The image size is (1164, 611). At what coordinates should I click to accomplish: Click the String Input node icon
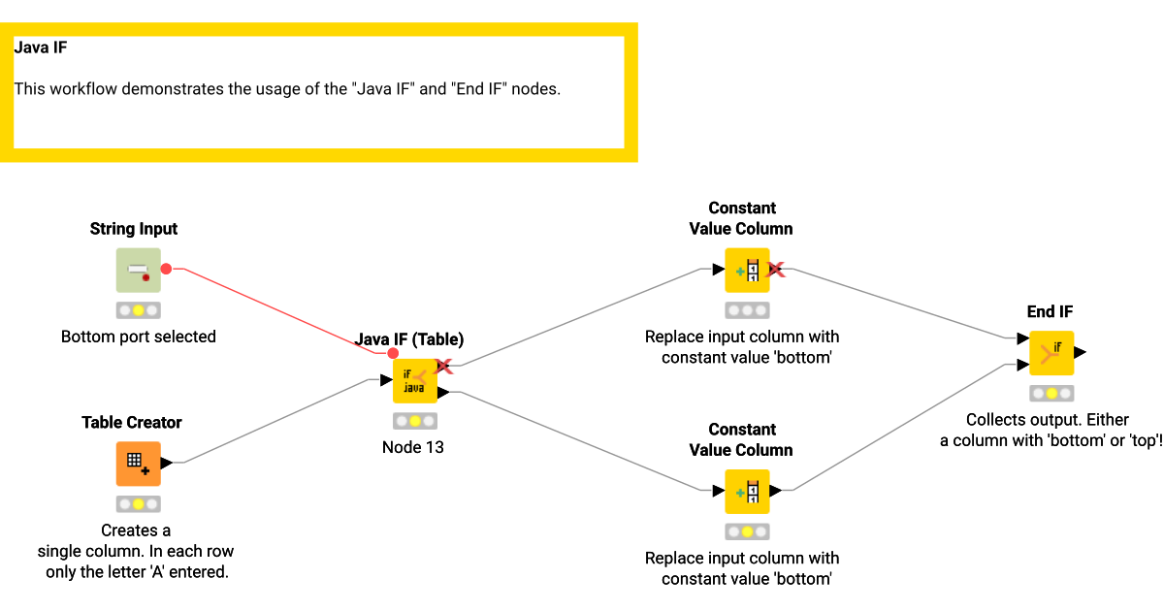coord(138,270)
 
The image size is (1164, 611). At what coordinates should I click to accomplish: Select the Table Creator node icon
coord(138,463)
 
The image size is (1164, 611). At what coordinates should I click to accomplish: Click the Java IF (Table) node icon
coord(414,380)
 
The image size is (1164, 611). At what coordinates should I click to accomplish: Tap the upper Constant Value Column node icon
coord(746,270)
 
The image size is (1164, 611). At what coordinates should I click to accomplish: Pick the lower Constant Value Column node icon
coord(746,491)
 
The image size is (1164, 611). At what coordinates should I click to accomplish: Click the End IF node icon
coord(1051,352)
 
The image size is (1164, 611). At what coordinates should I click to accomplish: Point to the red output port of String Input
coord(166,269)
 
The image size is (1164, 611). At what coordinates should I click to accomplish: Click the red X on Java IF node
coord(444,366)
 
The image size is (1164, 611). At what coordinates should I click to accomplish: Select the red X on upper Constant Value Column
coord(776,269)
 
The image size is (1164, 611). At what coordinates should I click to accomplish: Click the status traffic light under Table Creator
coord(138,504)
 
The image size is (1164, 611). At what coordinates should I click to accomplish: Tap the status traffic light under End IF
coord(1051,394)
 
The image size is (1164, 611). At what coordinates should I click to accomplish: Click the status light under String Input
coord(138,310)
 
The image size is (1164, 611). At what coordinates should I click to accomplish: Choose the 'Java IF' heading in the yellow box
coord(40,46)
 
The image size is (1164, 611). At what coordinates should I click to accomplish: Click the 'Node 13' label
coord(414,447)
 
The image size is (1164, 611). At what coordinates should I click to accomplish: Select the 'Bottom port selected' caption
coord(138,337)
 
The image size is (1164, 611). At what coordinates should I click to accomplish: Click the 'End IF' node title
coord(1050,311)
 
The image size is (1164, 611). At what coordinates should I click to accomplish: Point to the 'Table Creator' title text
coord(131,422)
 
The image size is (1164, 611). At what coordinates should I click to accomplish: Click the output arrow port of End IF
coord(1080,352)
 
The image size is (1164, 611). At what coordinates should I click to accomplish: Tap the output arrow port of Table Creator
coord(167,463)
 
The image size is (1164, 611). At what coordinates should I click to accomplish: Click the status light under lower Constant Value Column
coord(746,531)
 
